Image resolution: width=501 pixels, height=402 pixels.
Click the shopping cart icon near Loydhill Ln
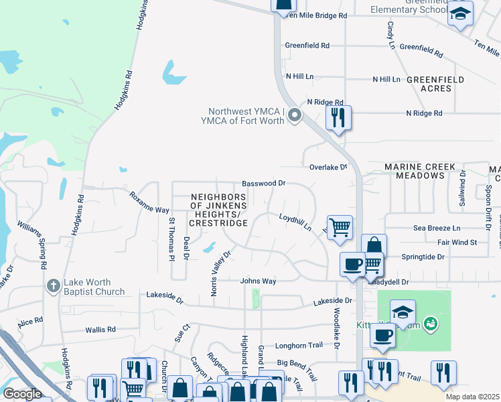(x=340, y=227)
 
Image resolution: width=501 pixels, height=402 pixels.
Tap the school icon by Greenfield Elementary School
(x=460, y=14)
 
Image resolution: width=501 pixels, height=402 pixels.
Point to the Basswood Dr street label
(x=263, y=183)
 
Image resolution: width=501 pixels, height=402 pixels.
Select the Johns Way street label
(x=259, y=281)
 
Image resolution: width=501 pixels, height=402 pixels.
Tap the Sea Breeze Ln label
(x=437, y=228)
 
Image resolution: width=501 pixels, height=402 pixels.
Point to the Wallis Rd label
(x=100, y=330)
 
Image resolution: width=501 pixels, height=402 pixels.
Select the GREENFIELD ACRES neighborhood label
(x=435, y=84)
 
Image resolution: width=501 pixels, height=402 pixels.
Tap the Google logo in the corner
(x=22, y=394)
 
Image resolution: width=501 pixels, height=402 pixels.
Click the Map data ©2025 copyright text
(x=472, y=397)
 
